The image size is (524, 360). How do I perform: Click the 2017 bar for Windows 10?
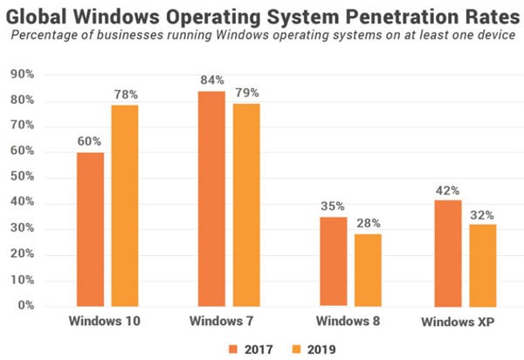point(90,229)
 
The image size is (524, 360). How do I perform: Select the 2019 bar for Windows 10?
point(125,205)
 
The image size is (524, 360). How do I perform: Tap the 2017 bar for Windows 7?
point(211,198)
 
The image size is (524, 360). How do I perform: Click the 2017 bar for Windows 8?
point(332,261)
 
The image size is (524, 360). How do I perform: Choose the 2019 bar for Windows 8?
point(367,270)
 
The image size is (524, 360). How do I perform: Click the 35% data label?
point(332,207)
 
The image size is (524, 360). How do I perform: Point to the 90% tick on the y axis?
point(22,75)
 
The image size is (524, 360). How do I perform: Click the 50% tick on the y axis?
point(22,178)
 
